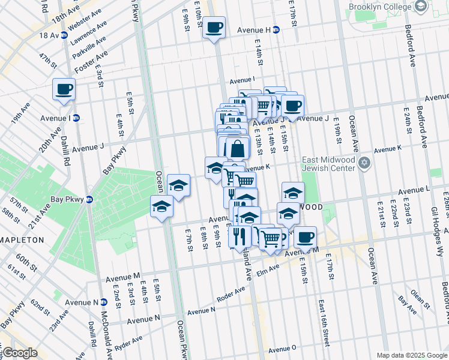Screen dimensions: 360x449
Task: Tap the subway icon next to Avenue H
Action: pyautogui.click(x=276, y=29)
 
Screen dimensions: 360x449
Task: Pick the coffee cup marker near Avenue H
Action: pyautogui.click(x=214, y=27)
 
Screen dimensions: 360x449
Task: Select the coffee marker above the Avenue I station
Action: pyautogui.click(x=64, y=89)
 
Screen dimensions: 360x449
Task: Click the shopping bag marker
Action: pyautogui.click(x=238, y=148)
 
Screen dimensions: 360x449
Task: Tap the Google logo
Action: pyautogui.click(x=20, y=353)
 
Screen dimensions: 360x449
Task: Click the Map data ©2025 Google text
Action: pyautogui.click(x=411, y=355)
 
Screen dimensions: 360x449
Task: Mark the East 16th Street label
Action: pyautogui.click(x=324, y=322)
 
